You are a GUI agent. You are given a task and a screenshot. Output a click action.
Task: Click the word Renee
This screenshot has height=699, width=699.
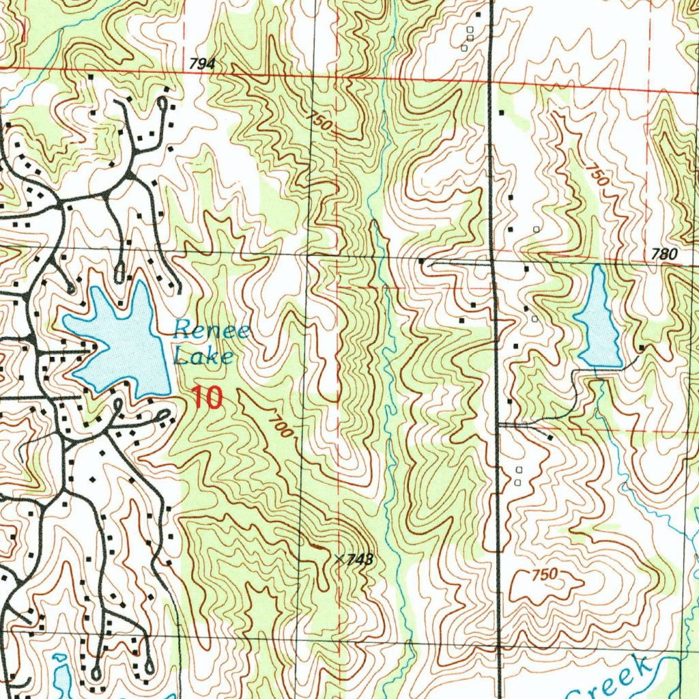[x=212, y=332]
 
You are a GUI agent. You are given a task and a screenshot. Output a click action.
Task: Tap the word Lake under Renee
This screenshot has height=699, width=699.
[x=203, y=356]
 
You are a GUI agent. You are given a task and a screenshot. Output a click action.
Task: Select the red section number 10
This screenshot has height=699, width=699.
[x=207, y=397]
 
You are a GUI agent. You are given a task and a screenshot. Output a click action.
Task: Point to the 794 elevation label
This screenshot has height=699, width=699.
[x=203, y=64]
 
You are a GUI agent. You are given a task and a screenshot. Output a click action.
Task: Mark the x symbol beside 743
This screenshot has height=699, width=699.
[x=339, y=558]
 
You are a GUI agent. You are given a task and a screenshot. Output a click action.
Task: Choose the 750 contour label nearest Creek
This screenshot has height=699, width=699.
[x=544, y=574]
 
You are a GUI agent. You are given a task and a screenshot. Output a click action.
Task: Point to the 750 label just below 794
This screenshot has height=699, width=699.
[x=319, y=122]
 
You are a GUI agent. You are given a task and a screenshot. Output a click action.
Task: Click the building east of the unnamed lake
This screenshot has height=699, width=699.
[x=641, y=349]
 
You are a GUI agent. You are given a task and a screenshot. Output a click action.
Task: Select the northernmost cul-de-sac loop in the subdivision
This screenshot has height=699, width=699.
[x=162, y=104]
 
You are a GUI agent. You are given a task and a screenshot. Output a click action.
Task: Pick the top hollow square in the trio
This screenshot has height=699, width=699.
[x=470, y=29]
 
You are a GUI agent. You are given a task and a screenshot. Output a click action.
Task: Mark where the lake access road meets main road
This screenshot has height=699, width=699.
[x=498, y=424]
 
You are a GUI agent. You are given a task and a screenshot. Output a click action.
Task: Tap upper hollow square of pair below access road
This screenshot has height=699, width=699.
[x=518, y=470]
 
